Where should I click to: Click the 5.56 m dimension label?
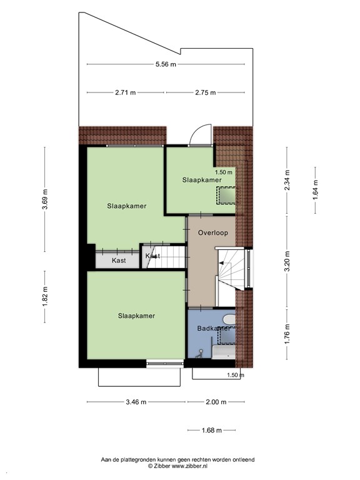tap(166, 64)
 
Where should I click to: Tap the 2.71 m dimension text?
tap(125, 92)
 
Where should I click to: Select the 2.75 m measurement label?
tap(206, 92)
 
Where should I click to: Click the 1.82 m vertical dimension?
tap(45, 296)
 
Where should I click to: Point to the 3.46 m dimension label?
tap(136, 402)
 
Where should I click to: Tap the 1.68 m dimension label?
tap(212, 429)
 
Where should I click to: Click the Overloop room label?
tap(212, 232)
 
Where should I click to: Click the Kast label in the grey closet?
tap(119, 260)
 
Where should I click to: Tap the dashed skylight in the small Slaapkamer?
tap(226, 195)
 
